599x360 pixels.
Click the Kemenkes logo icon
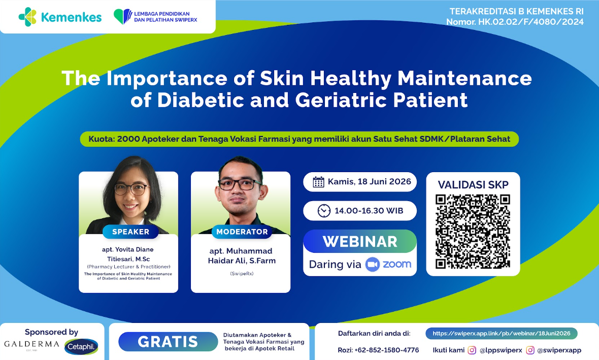click(27, 17)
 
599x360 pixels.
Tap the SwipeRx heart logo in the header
click(123, 16)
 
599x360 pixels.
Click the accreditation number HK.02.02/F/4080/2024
click(530, 22)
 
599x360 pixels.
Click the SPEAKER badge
click(130, 232)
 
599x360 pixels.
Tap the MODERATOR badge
click(242, 232)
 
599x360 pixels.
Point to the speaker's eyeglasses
click(131, 189)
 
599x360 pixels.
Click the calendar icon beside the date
click(318, 182)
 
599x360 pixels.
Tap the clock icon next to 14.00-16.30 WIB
click(324, 211)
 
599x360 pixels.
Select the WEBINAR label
click(360, 242)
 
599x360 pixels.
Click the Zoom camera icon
click(372, 265)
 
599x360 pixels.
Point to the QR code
click(473, 232)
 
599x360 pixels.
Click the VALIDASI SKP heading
click(473, 185)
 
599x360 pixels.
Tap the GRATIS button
click(168, 342)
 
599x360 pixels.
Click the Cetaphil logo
click(81, 347)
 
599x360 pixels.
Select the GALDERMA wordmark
click(31, 344)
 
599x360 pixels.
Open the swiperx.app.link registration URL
click(501, 333)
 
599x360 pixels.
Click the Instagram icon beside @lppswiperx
click(472, 350)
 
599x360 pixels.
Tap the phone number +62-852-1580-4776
click(387, 350)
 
